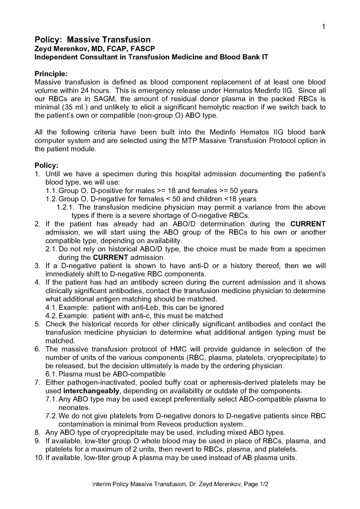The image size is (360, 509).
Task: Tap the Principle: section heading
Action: (x=51, y=74)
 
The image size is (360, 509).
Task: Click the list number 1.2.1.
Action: (x=66, y=207)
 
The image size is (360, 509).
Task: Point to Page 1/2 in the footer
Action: (x=254, y=484)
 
